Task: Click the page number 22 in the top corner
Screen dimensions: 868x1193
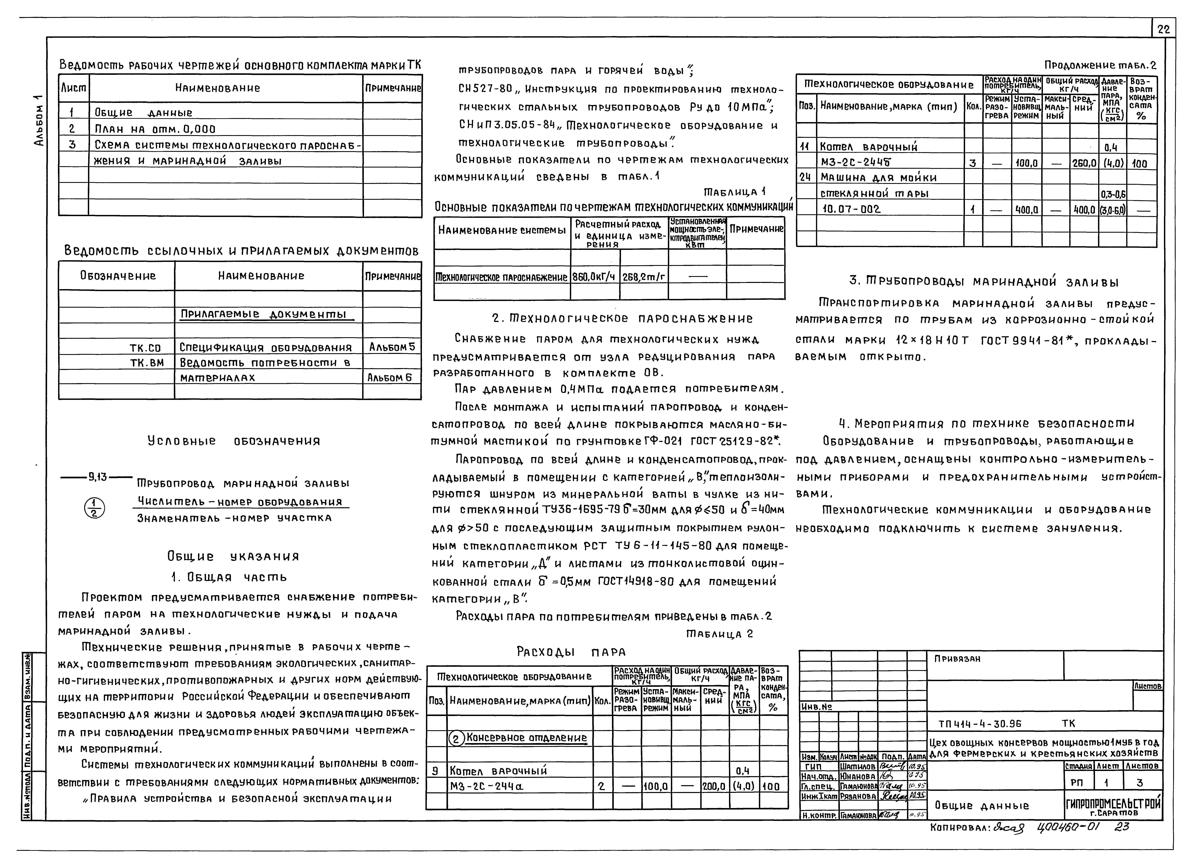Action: [x=1164, y=30]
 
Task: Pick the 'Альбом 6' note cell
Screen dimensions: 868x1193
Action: [x=392, y=378]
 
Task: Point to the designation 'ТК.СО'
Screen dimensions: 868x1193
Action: [x=145, y=348]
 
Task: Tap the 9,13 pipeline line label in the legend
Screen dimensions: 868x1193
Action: [x=97, y=478]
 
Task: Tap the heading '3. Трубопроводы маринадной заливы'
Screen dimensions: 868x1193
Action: [x=976, y=282]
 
